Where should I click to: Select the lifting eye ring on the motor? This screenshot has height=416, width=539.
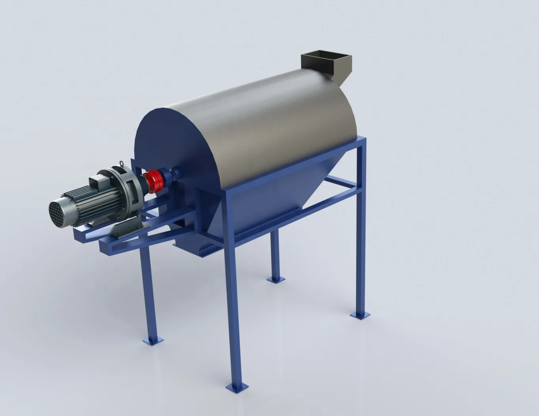point(122,163)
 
